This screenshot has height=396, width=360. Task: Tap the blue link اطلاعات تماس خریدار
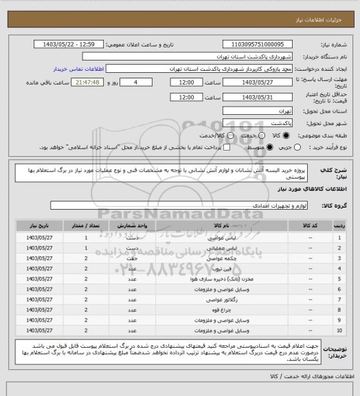pos(78,69)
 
